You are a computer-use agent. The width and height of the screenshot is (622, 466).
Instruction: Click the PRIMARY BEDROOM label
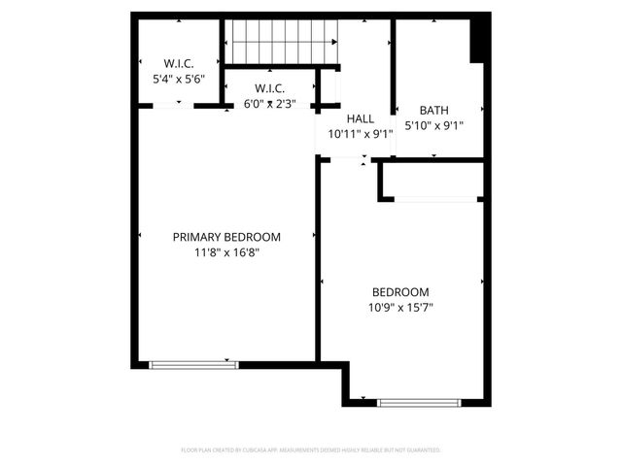[x=226, y=237]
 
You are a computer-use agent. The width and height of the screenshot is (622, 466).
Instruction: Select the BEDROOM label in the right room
[x=400, y=292]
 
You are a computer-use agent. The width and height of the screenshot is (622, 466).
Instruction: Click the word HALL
[x=361, y=118]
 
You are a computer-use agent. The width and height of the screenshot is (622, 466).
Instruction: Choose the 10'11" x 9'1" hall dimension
[x=361, y=134]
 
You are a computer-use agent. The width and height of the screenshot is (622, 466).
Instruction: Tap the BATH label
[x=433, y=110]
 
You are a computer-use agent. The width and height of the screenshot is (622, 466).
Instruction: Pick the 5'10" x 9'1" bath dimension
[x=433, y=124]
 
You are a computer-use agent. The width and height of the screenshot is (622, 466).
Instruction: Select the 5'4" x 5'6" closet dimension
[x=179, y=80]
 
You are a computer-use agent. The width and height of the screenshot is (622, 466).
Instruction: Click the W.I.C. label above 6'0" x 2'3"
[x=270, y=87]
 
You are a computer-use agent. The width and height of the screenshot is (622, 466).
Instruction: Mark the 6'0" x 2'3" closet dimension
[x=270, y=103]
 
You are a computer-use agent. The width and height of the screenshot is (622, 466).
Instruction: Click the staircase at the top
[x=282, y=42]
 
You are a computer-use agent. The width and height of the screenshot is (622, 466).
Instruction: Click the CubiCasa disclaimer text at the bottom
[x=311, y=450]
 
